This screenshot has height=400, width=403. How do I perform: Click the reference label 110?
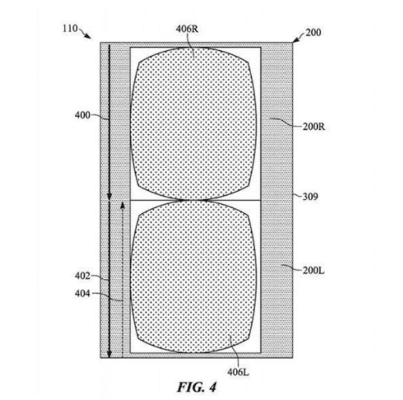[x=70, y=28]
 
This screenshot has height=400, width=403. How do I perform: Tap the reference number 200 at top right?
[x=313, y=32]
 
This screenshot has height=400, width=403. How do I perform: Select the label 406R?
[x=187, y=29]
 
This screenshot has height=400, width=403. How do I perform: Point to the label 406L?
[x=238, y=372]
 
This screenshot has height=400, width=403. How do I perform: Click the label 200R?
[x=314, y=127]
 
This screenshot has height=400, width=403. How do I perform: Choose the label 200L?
[x=314, y=270]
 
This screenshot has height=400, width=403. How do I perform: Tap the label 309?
[x=310, y=197]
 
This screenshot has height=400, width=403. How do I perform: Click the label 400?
[x=82, y=115]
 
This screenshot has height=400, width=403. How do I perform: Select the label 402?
[x=82, y=276]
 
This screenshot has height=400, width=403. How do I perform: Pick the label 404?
[x=82, y=293]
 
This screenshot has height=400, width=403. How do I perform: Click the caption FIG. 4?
[x=197, y=387]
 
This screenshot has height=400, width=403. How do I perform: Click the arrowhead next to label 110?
[x=89, y=37]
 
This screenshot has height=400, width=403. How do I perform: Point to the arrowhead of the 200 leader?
[x=295, y=40]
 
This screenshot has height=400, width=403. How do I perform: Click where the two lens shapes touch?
[x=194, y=200]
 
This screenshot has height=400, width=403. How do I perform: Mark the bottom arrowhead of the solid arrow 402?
[x=110, y=354]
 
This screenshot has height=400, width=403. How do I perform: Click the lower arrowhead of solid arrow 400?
[x=110, y=196]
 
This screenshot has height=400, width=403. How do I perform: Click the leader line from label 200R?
[x=285, y=122]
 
